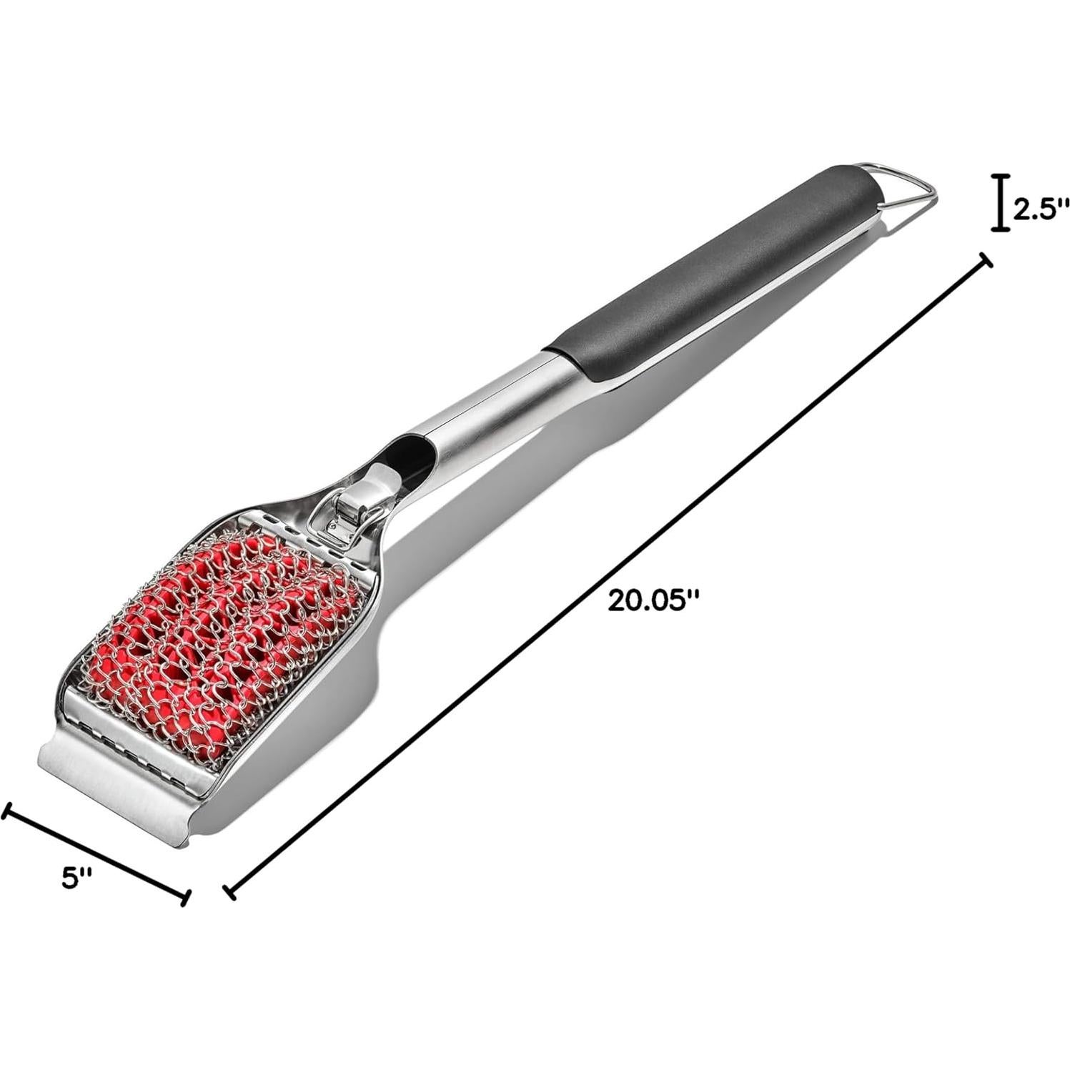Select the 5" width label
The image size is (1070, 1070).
click(76, 877)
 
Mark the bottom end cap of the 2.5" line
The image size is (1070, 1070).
click(1000, 229)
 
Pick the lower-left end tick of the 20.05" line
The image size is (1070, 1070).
click(229, 891)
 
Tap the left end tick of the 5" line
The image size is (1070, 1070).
click(7, 810)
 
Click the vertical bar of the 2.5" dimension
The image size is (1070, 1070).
click(1000, 203)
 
